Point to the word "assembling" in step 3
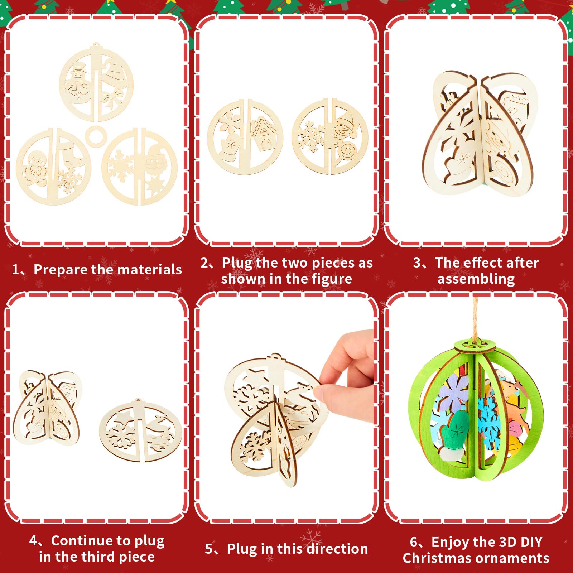476,279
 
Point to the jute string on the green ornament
475,319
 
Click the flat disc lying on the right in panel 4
141,430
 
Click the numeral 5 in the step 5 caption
209,549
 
